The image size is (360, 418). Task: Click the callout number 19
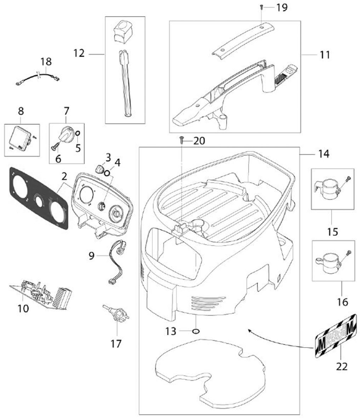[282, 7]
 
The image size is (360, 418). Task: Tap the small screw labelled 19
[261, 7]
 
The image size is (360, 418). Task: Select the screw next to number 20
[182, 141]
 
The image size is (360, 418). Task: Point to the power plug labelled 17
[115, 313]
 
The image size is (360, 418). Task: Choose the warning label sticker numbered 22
[336, 335]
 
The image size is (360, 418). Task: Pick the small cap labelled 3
[99, 167]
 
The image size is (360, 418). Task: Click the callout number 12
[80, 53]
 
